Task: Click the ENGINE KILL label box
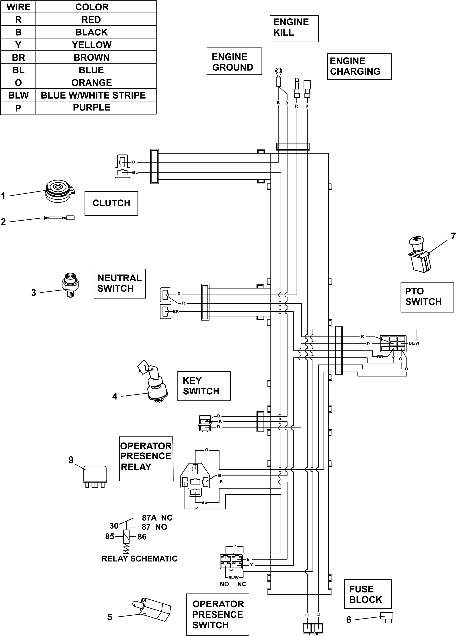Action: pos(294,29)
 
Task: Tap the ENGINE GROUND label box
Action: pos(234,61)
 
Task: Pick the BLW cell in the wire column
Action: pos(18,95)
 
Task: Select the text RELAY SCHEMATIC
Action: pos(139,559)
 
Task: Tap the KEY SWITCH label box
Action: pos(204,386)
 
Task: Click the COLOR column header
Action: pos(92,7)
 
